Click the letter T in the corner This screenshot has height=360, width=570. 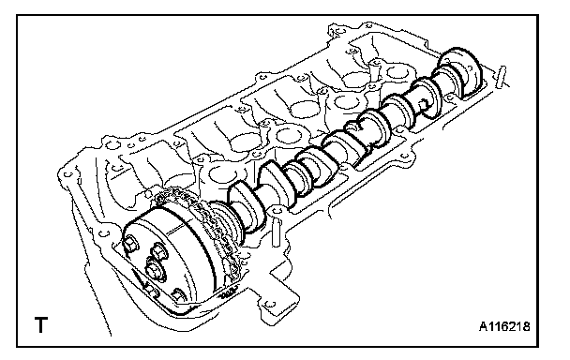pyautogui.click(x=40, y=324)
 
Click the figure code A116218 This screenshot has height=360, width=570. pyautogui.click(x=504, y=326)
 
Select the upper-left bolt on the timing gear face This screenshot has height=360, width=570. pyautogui.click(x=131, y=245)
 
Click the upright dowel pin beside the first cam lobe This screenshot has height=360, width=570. pyautogui.click(x=276, y=232)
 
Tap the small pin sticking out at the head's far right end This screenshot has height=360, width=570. pyautogui.click(x=502, y=76)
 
